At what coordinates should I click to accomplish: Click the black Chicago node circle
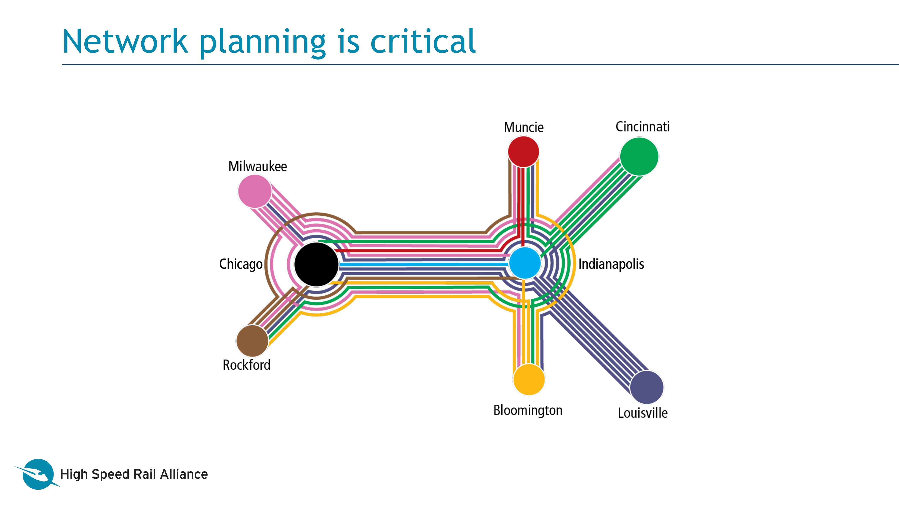click(316, 264)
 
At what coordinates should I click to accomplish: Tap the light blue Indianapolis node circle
click(524, 263)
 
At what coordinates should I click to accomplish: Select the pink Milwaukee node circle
click(255, 191)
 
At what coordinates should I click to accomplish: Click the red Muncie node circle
click(523, 152)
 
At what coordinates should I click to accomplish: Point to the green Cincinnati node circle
click(639, 156)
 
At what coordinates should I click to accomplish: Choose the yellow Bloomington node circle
click(529, 379)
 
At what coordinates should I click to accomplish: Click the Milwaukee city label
click(258, 167)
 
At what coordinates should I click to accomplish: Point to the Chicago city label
click(240, 264)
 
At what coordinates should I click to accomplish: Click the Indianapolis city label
click(611, 264)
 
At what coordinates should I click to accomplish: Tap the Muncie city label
click(524, 127)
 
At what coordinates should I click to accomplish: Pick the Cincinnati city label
click(642, 126)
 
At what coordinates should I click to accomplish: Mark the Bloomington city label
click(528, 410)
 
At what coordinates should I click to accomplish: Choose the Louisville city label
click(643, 413)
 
